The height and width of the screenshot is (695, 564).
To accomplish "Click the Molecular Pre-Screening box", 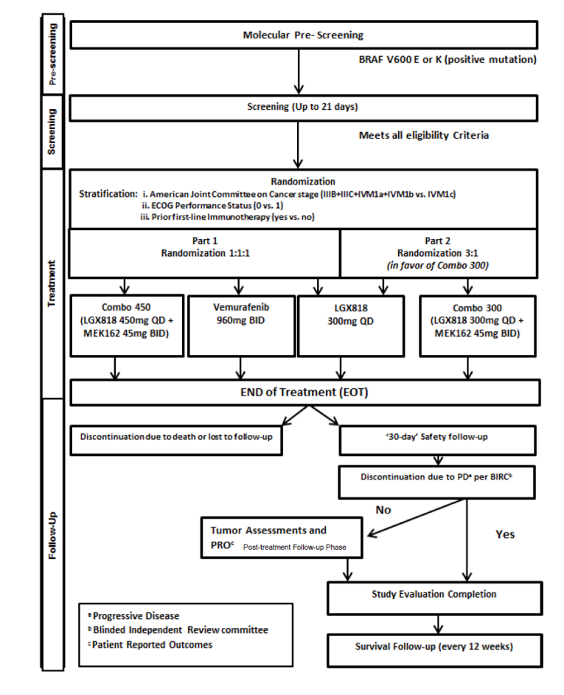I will (x=302, y=35).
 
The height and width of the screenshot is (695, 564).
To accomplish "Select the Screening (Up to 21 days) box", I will (x=302, y=108).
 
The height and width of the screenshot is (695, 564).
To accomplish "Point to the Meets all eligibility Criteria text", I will (x=424, y=136).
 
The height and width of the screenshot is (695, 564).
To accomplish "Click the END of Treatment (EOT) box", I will (x=302, y=393).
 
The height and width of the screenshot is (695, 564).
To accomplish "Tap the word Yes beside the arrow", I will (x=504, y=534).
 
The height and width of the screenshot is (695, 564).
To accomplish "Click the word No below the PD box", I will (x=383, y=510).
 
